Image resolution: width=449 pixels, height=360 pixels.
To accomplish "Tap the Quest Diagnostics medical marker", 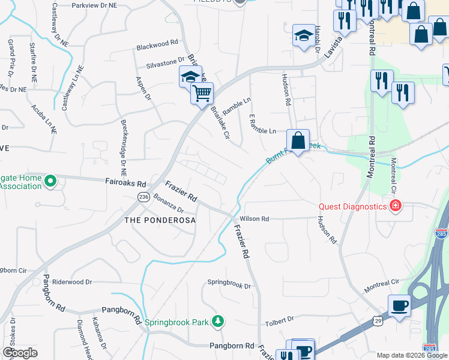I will [395, 207].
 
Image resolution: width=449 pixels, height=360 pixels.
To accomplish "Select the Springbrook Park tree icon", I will [220, 322].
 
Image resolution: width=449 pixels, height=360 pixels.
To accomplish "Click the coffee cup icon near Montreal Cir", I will [400, 305].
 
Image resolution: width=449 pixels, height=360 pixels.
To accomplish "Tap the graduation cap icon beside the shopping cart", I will [190, 77].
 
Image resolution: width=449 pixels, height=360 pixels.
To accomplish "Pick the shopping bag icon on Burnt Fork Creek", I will [298, 141].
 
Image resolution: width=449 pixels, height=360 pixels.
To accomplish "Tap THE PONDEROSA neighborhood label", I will [160, 220].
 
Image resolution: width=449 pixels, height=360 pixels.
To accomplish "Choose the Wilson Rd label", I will [254, 219].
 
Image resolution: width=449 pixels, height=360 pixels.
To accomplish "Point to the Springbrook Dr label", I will [229, 284].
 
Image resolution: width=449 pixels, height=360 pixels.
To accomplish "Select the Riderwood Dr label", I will [71, 281].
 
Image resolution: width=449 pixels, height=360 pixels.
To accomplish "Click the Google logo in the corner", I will [20, 353].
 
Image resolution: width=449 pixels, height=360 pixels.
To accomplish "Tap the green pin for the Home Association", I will [50, 179].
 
